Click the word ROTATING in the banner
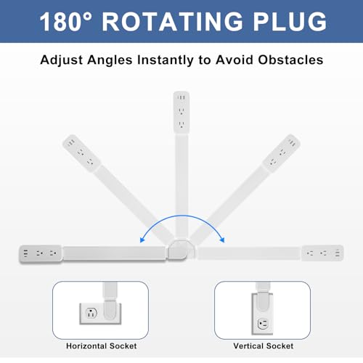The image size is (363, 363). point(172,21)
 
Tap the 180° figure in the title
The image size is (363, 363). point(66,21)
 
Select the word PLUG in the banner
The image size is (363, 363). point(290,21)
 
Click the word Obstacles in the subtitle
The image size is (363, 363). point(290,60)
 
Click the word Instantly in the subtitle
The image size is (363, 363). point(166,60)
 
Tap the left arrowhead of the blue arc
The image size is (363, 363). point(142,240)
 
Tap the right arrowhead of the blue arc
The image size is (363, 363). point(222,240)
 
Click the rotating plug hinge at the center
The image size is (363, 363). point(181,250)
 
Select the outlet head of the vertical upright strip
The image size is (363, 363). point(181,112)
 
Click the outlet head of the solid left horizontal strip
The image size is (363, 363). point(41,253)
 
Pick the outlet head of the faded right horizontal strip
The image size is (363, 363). point(322,253)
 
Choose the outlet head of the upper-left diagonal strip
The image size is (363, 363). point(81,153)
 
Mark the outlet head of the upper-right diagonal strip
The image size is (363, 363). point(282,153)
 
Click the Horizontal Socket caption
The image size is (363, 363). point(102,346)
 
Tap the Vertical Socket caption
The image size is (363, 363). point(264,346)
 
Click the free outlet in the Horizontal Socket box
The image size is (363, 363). point(91,313)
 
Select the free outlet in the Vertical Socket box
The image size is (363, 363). point(263,324)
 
